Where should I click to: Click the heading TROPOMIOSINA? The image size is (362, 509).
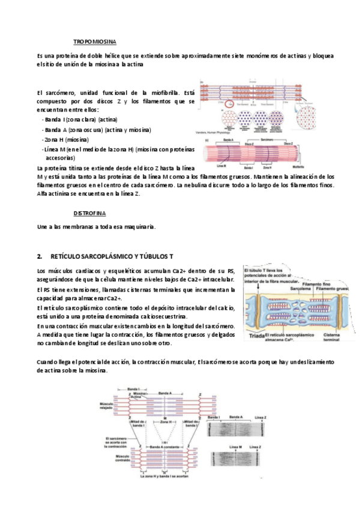pos(94,41)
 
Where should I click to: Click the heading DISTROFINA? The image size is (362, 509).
pos(89,213)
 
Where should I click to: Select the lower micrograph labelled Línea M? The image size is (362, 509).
pos(235,459)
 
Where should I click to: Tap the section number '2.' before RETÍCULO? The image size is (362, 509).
pos(40,256)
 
